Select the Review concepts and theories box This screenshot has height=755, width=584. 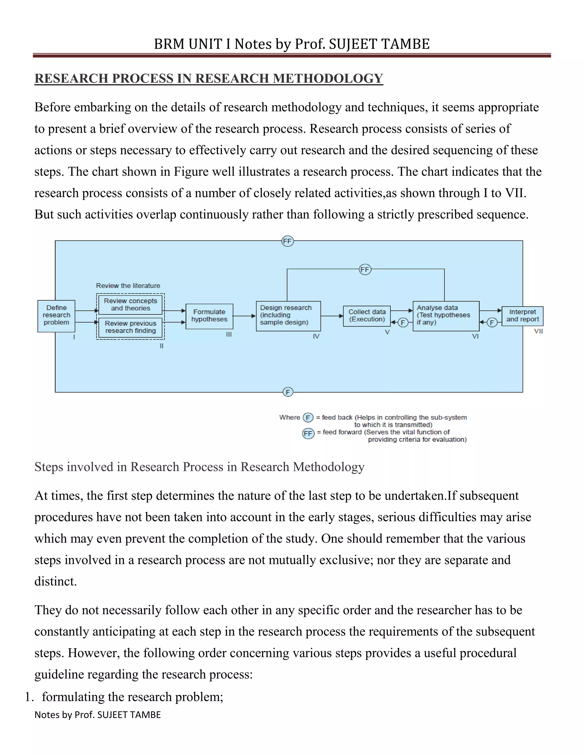tap(130, 305)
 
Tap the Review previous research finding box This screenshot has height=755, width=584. tap(130, 327)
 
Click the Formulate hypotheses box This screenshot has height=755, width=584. tap(209, 316)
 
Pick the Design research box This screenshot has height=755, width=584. tap(288, 316)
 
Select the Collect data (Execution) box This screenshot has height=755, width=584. tap(367, 316)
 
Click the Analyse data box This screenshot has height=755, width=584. tap(446, 316)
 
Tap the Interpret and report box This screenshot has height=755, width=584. tap(522, 316)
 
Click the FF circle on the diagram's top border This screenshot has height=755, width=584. tap(287, 241)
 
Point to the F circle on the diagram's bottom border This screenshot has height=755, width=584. tap(288, 392)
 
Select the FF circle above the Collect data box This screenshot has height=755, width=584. tap(365, 269)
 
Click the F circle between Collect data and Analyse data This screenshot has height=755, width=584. tap(402, 323)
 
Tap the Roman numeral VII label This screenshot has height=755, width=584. tap(538, 331)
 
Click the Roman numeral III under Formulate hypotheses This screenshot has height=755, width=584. tap(229, 334)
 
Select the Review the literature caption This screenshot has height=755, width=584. tap(128, 285)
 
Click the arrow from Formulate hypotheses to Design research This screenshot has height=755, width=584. tap(244, 316)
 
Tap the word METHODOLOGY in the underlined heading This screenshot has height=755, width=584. tap(328, 78)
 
